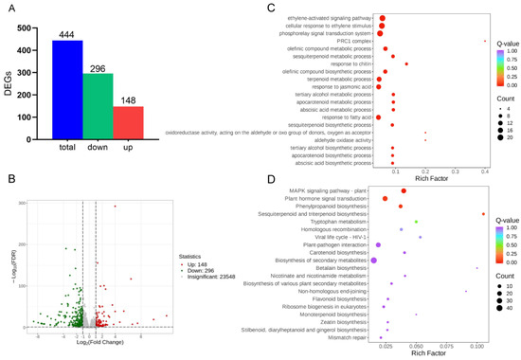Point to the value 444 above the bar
point(54,32)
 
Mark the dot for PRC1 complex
point(484,41)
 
